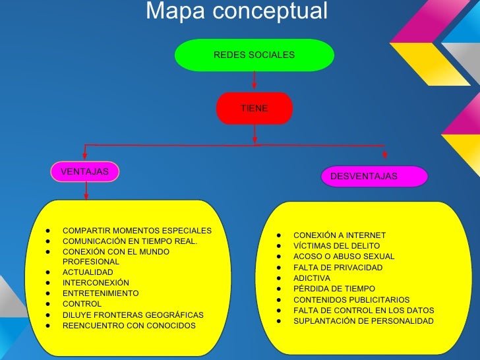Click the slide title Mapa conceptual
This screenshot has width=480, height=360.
pos(236,11)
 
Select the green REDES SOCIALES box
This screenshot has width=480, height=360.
pos(255,55)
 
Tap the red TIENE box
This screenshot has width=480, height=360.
pos(254,108)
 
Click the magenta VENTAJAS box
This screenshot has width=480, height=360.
pos(85,171)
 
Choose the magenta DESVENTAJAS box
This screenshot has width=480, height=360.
pos(374,176)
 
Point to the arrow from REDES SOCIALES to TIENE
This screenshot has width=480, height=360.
pos(254,80)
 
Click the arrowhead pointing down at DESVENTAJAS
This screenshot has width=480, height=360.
pos(384,156)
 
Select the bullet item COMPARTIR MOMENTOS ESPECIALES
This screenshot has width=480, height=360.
pos(136,231)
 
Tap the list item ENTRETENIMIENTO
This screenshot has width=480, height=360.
pos(100,293)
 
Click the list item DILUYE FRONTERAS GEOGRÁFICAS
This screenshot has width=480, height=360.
pos(133,315)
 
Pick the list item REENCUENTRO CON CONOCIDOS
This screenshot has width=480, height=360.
pos(129,326)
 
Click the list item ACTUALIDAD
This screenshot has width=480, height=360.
pos(88,272)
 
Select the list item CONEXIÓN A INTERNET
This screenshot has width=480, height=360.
pos(339,235)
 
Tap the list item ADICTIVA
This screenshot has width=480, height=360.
pos(312,278)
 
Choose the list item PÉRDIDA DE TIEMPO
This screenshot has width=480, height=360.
pos(334,289)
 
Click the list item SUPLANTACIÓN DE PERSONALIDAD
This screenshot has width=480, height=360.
pos(363,321)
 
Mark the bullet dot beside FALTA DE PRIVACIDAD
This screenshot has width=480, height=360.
pos(280,268)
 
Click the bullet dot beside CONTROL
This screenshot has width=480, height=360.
pos(49,304)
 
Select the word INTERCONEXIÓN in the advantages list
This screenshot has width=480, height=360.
pos(96,283)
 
